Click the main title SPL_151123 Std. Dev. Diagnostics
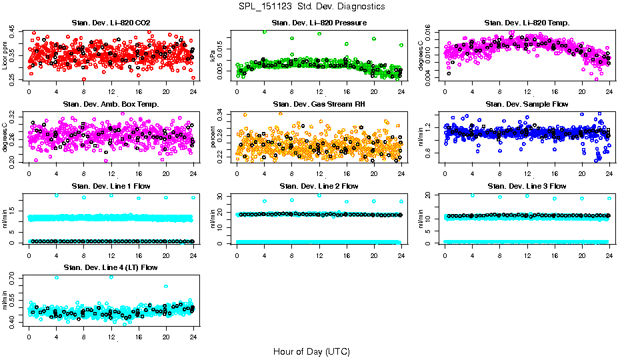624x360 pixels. [x=311, y=7]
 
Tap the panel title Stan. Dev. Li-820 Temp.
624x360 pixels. [x=527, y=23]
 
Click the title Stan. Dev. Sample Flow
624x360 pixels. [x=527, y=104]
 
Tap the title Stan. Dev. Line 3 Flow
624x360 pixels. [x=527, y=185]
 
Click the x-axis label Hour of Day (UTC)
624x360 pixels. [x=311, y=351]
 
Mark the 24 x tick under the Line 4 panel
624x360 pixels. [x=193, y=337]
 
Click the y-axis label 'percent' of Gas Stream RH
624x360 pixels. [x=213, y=138]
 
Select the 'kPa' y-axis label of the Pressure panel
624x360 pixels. [x=213, y=57]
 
